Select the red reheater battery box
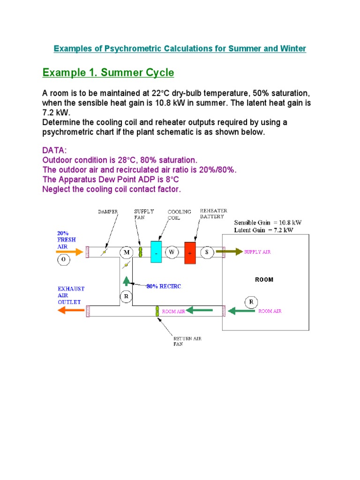(x=190, y=253)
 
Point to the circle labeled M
(x=126, y=253)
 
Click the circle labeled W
(x=172, y=252)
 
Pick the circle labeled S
(x=207, y=252)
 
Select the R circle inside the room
(x=251, y=302)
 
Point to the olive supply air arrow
(x=233, y=252)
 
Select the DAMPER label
(x=108, y=212)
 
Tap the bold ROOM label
(x=264, y=280)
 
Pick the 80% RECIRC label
(x=164, y=286)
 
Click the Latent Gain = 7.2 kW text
(x=264, y=230)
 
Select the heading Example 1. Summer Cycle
(x=108, y=73)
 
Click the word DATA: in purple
(x=54, y=150)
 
